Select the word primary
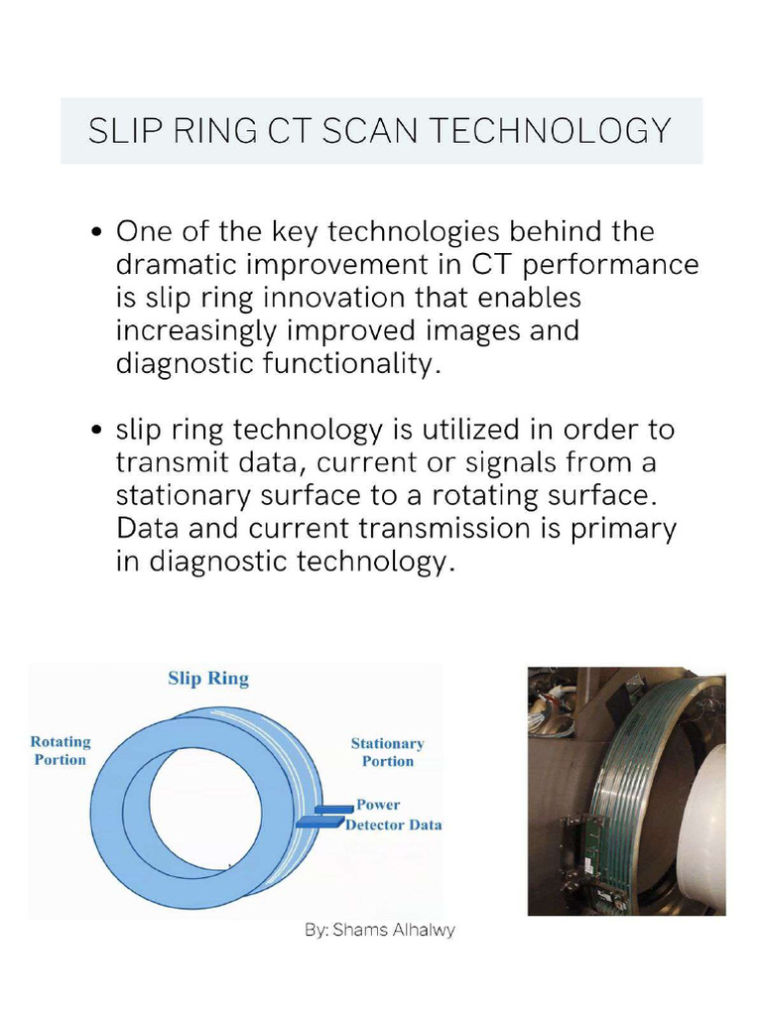623,529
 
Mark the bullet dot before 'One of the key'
96,233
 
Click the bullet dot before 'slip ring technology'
96,432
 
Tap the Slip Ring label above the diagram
207,679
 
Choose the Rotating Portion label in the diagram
60,751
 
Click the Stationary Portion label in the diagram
387,752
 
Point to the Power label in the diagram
378,805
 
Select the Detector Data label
393,825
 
